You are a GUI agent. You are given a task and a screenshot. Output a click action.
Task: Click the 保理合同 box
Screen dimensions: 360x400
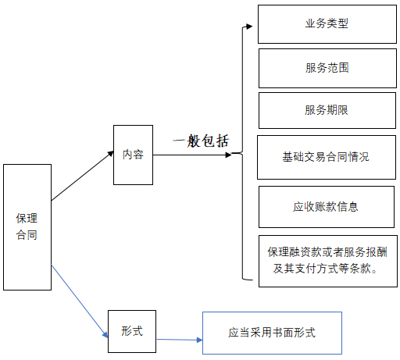click(27, 226)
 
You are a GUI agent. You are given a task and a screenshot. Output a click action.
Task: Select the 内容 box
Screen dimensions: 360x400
click(133, 155)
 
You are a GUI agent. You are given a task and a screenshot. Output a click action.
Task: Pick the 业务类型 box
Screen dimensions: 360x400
click(326, 24)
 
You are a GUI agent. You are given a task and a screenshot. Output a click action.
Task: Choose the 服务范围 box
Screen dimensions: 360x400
click(326, 69)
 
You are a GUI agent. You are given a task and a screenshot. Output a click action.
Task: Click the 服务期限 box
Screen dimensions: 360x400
click(326, 110)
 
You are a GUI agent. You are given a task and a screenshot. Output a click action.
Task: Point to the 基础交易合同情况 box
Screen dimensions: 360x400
click(326, 156)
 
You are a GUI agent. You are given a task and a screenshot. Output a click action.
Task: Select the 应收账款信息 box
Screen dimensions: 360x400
click(326, 207)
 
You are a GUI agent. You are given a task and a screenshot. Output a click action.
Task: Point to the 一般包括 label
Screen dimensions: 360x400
click(201, 141)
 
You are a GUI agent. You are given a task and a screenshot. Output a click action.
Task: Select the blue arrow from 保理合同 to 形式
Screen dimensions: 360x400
click(78, 301)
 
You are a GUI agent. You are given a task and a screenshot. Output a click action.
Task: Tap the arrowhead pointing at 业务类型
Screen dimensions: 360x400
click(249, 27)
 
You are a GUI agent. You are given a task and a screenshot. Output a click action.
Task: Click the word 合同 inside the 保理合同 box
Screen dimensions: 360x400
click(27, 235)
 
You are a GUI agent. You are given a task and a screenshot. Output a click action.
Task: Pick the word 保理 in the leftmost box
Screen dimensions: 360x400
click(27, 218)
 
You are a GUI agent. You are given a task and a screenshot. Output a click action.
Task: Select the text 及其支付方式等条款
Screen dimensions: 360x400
click(326, 269)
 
